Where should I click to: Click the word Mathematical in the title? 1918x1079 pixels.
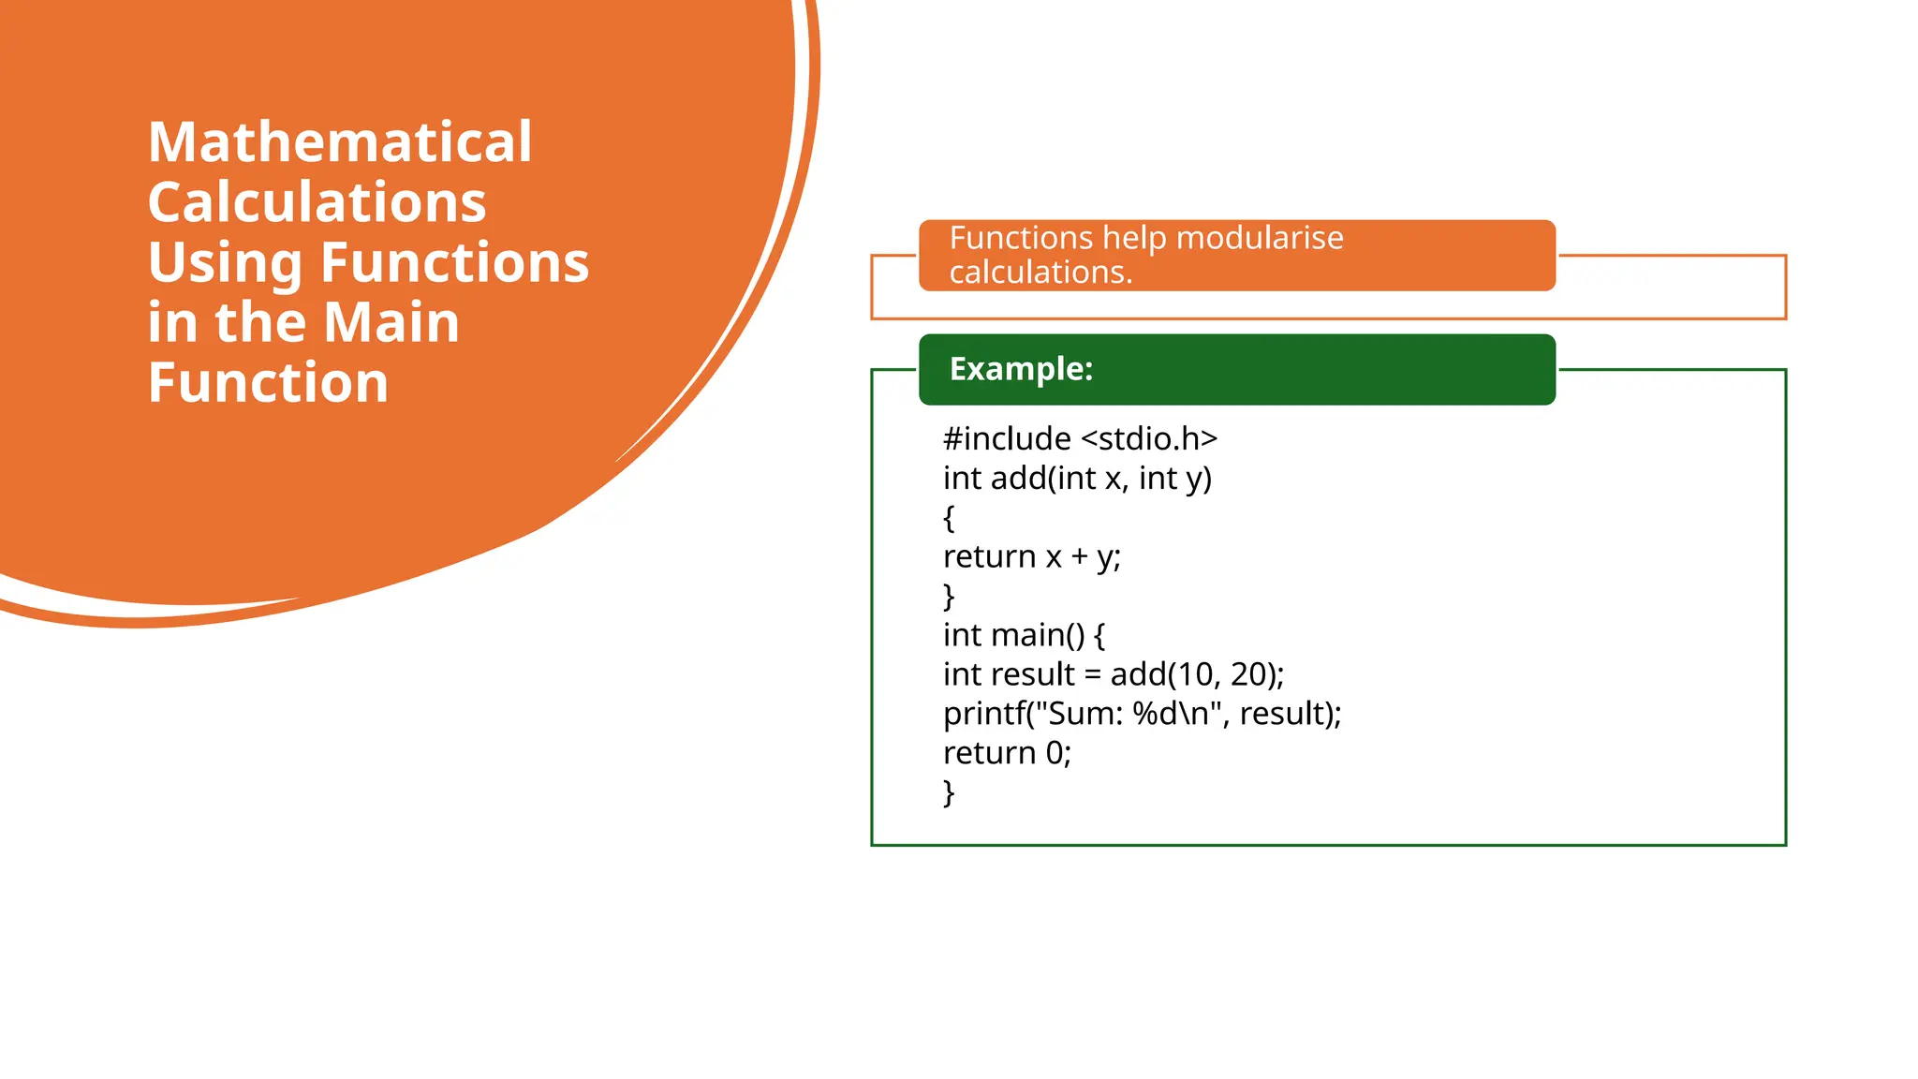[x=340, y=142]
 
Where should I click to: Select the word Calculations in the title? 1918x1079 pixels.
[x=317, y=202]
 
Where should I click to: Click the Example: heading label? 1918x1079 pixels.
[x=1021, y=369]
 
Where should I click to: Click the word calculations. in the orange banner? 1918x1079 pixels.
[x=1040, y=273]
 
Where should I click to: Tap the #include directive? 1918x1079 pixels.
[x=1007, y=438]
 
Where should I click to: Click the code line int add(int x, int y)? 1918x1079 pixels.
[x=1077, y=479]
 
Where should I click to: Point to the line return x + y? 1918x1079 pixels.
[x=1031, y=556]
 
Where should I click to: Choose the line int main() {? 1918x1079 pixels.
[x=1024, y=635]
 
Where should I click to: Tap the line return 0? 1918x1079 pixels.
[x=1007, y=753]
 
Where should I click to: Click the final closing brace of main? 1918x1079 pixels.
[x=949, y=792]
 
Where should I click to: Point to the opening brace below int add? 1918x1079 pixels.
[x=949, y=517]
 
